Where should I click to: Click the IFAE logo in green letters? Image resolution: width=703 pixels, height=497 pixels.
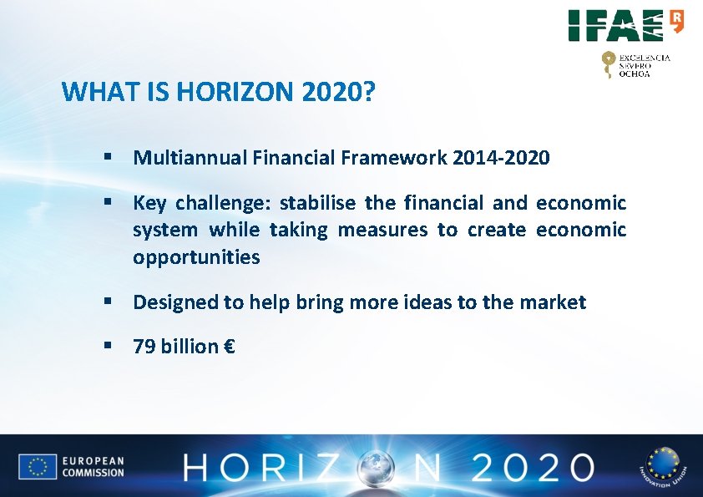pyautogui.click(x=618, y=25)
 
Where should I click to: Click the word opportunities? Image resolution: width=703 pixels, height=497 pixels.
pyautogui.click(x=196, y=257)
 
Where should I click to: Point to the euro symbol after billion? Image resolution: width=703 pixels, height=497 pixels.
pyautogui.click(x=229, y=346)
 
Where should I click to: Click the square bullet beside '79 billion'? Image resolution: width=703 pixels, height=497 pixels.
pyautogui.click(x=107, y=344)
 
